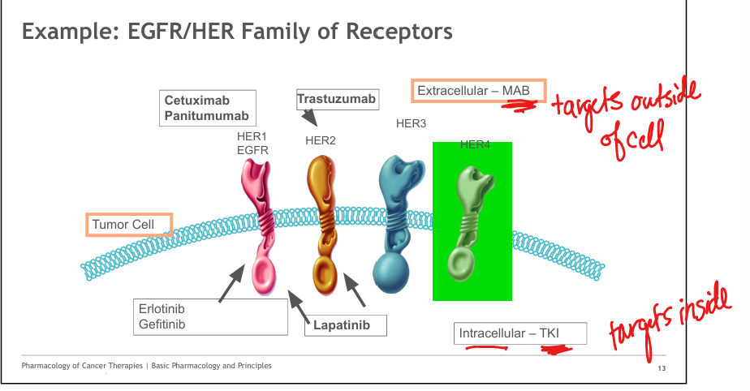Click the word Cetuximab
[197, 101]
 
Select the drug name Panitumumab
[207, 116]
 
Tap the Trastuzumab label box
[338, 100]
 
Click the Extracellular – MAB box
[478, 91]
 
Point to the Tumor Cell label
[129, 225]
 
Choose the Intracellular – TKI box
[520, 333]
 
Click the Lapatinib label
[345, 325]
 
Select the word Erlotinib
[162, 309]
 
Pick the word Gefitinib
[162, 324]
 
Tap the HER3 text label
[411, 123]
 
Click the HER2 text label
[321, 140]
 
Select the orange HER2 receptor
[322, 225]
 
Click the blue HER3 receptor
[398, 223]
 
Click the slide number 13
[662, 368]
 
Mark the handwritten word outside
[666, 98]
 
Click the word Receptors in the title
[399, 32]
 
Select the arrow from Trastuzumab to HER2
[309, 117]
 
